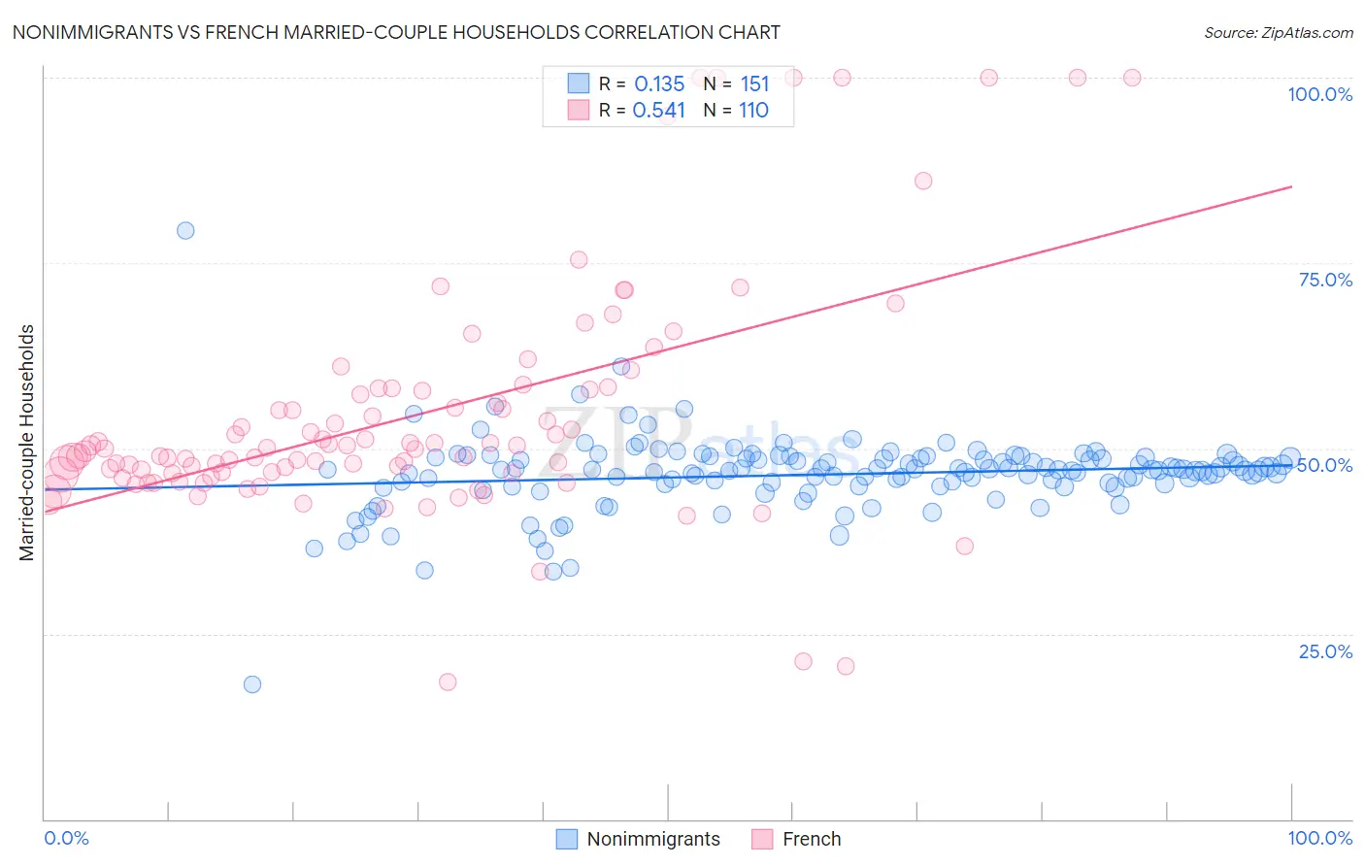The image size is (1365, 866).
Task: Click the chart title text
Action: pos(396,32)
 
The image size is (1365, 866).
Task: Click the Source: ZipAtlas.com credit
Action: pos(1278,32)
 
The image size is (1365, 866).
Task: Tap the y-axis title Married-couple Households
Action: pos(27,443)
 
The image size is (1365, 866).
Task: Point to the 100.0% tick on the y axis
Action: pos(1319,94)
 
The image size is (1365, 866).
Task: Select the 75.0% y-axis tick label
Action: pos(1325,280)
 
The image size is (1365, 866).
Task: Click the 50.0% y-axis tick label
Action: pos(1325,465)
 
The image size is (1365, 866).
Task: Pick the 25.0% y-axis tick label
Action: pos(1325,651)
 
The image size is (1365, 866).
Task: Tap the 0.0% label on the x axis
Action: pos(66,838)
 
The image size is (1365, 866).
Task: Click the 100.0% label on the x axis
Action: pos(1319,838)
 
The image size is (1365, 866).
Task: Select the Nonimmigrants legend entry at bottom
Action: pos(638,839)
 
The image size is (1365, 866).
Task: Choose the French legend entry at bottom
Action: pos(796,839)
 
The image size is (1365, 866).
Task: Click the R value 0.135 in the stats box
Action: pos(659,84)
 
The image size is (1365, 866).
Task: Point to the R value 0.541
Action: pos(658,111)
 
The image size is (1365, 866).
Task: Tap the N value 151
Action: pos(754,84)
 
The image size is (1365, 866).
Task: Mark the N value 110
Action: pos(753,111)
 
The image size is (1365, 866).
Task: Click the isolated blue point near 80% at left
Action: pos(185,230)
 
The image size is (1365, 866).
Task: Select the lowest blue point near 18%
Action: pos(252,683)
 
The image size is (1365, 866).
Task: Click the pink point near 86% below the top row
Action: pos(923,181)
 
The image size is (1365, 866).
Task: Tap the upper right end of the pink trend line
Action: pos(1291,186)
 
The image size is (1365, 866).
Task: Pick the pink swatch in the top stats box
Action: pos(579,110)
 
